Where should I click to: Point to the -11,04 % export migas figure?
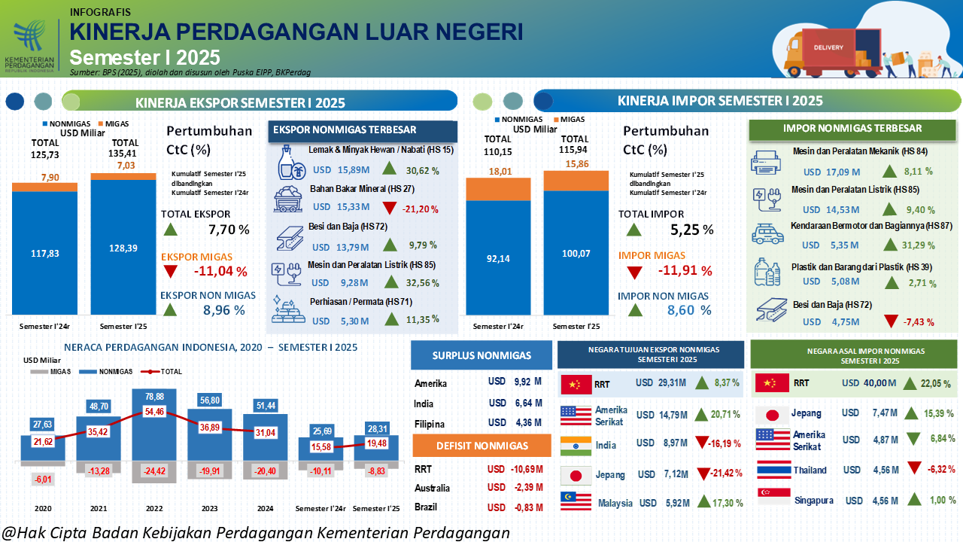220,272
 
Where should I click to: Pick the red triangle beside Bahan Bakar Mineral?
389,208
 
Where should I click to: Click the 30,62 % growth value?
424,171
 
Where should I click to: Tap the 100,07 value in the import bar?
576,254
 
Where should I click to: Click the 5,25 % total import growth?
691,230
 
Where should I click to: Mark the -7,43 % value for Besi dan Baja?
919,322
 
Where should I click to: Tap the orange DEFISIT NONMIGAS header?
482,446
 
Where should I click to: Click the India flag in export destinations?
575,445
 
